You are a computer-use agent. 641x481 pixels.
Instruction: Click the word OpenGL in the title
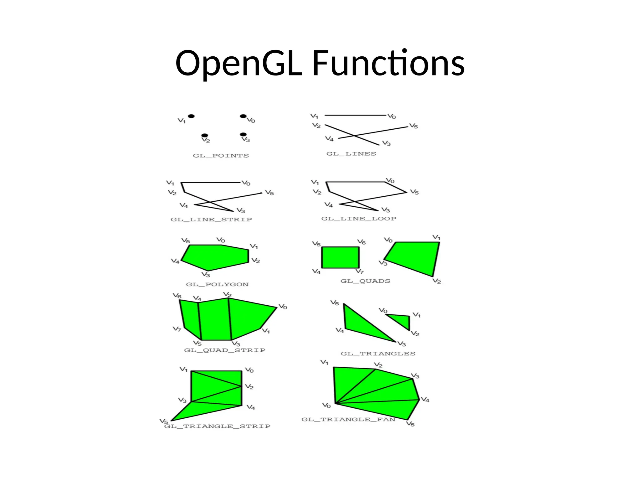(238, 64)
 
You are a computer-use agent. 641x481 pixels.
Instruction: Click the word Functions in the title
(388, 64)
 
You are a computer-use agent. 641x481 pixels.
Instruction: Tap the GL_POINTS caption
(221, 156)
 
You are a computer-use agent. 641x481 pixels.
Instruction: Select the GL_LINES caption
(351, 154)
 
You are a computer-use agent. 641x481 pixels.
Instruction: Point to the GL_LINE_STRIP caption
(211, 220)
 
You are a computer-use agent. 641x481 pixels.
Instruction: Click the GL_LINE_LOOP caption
(359, 219)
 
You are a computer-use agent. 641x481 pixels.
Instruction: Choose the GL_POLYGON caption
(217, 284)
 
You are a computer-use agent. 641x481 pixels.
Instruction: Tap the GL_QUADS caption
(365, 281)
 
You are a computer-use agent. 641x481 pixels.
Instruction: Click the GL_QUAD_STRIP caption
(224, 350)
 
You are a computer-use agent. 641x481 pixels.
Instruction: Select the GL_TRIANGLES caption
(378, 354)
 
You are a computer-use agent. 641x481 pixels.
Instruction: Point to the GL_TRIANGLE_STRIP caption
(217, 426)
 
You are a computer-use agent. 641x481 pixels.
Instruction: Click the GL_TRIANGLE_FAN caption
(348, 419)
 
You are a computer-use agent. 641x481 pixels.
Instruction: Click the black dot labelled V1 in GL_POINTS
(191, 116)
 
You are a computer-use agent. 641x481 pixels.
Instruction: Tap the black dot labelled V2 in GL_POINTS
(205, 135)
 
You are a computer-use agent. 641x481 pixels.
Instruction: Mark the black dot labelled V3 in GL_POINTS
(243, 134)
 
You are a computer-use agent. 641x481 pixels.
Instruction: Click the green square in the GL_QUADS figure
(340, 257)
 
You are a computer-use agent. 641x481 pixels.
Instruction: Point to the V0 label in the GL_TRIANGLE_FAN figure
(326, 406)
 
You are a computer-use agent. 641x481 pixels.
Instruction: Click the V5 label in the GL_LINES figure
(413, 126)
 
